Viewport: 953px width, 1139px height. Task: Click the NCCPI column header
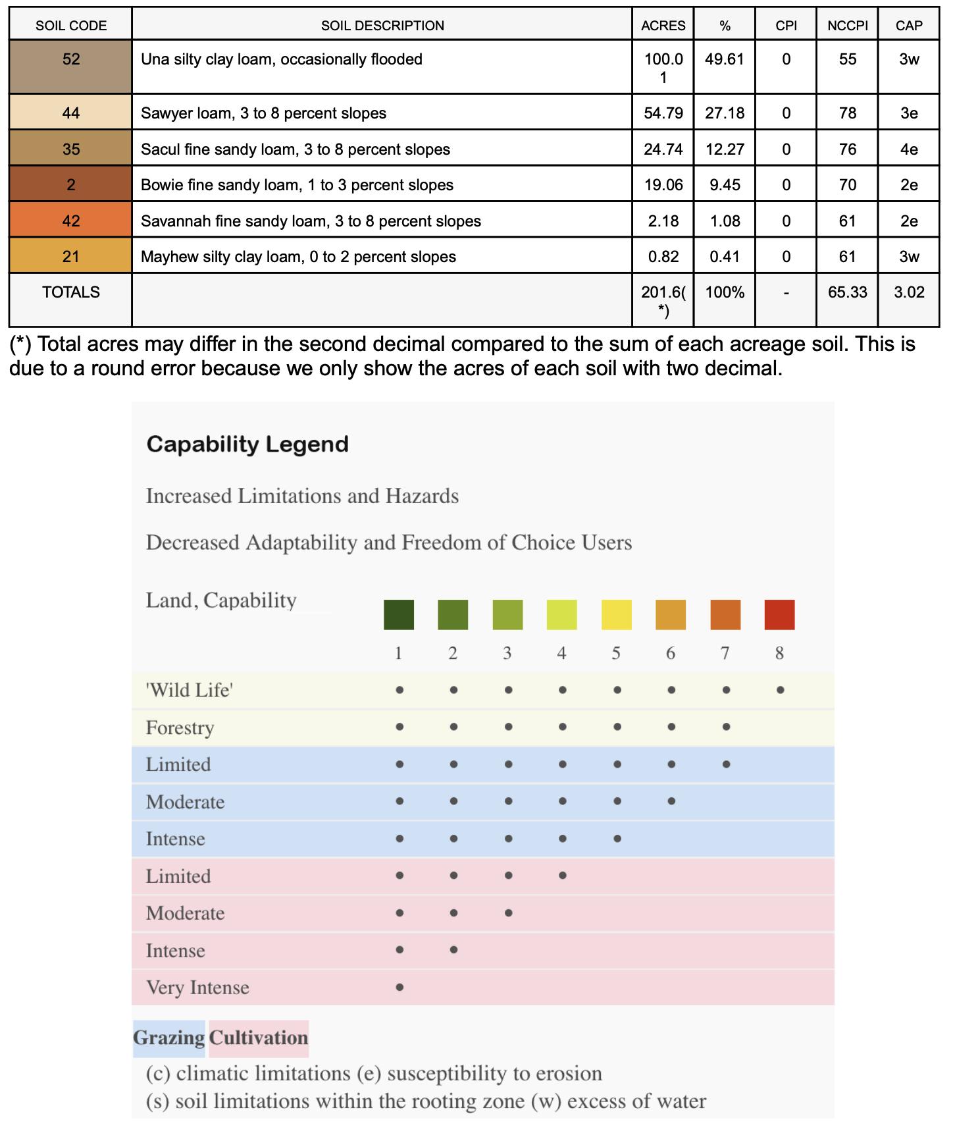coord(847,26)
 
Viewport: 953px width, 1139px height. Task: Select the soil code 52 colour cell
coord(71,66)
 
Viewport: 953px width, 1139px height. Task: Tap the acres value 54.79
coord(663,113)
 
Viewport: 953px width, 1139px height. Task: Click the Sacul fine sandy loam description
coord(296,149)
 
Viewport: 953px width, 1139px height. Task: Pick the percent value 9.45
coord(724,185)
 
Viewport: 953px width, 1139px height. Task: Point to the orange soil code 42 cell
coord(71,221)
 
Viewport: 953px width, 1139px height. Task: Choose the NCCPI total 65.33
coord(847,292)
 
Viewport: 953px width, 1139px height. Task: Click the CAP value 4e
coord(909,149)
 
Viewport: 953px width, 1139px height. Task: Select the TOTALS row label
coord(71,292)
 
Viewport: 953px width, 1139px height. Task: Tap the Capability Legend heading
coord(247,444)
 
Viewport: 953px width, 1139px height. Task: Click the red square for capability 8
coord(779,615)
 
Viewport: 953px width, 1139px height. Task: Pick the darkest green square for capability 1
coord(399,615)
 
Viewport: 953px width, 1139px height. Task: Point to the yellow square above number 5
coord(617,615)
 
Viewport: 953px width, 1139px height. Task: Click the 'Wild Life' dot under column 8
coord(780,691)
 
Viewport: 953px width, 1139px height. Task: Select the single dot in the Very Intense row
coord(399,988)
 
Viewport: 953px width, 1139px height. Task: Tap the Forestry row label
coord(180,728)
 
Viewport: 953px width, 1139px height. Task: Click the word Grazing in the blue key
coord(169,1038)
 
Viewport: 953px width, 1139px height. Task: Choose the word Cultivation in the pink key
coord(259,1038)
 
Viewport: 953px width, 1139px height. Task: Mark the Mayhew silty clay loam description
coord(298,257)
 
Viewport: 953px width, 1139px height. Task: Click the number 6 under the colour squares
coord(671,653)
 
